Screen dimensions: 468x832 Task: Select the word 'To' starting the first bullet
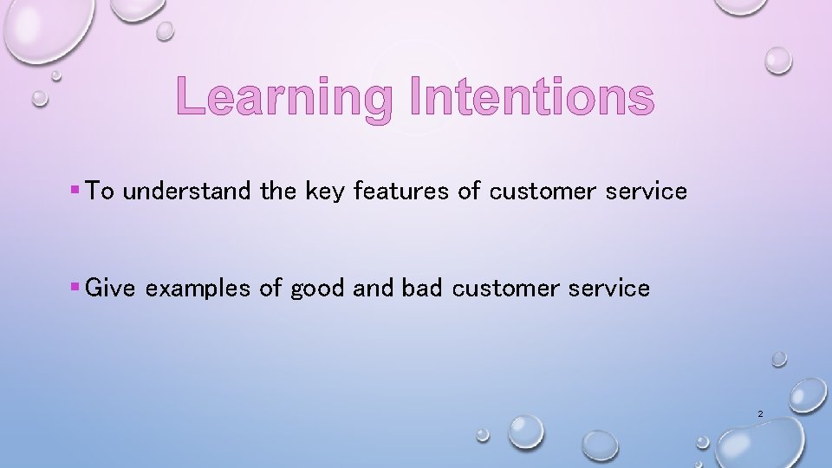pos(101,192)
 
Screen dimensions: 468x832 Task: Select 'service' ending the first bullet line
pos(647,192)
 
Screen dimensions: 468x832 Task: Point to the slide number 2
pos(760,414)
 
